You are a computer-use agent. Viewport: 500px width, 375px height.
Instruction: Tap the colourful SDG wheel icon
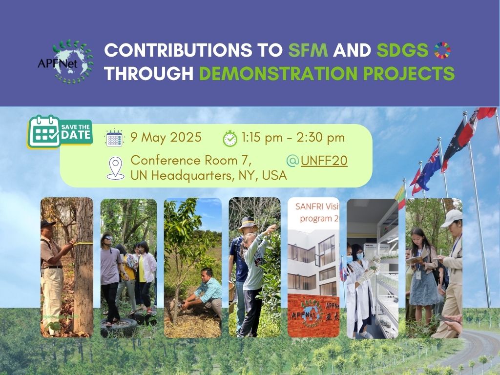[x=442, y=50]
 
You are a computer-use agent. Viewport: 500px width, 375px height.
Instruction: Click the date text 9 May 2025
[x=166, y=138]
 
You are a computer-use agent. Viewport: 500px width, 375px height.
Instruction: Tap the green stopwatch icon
[x=230, y=138]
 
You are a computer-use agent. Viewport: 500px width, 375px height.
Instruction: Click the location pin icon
[x=115, y=167]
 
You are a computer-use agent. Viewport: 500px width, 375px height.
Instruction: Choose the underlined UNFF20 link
[x=324, y=160]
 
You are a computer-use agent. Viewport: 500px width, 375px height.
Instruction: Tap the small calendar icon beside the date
[x=114, y=138]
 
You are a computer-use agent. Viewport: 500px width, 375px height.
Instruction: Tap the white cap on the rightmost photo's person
[x=452, y=216]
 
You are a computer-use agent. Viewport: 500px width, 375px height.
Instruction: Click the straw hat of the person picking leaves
[x=249, y=223]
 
